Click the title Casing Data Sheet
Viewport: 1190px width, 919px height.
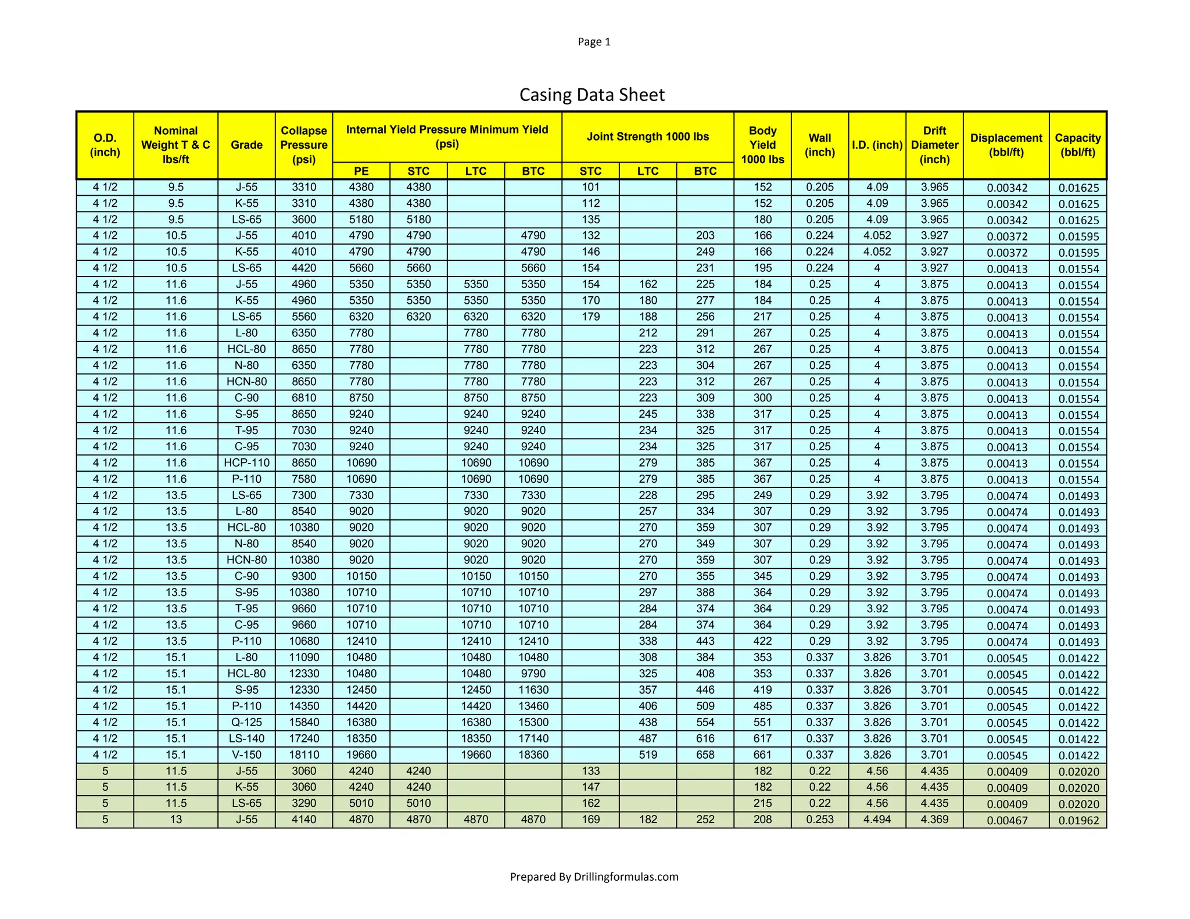tap(592, 95)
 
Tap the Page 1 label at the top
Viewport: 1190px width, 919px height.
tap(594, 42)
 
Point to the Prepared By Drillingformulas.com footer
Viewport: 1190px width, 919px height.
tap(594, 877)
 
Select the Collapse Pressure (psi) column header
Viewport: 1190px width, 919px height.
tap(304, 145)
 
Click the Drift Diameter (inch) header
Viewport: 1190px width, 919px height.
tap(934, 145)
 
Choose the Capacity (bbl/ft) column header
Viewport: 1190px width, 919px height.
tap(1078, 145)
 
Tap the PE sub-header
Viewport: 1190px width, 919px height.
tap(361, 171)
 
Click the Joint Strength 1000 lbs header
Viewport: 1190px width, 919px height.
tap(648, 137)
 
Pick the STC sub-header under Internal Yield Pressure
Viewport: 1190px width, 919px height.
tap(418, 171)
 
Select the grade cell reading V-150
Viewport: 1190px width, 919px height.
tap(246, 755)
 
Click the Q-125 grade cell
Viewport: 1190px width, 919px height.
tap(246, 722)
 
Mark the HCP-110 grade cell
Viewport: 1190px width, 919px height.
tap(246, 463)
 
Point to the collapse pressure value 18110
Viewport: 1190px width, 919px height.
tap(304, 755)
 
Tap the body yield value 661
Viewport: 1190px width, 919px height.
tap(762, 755)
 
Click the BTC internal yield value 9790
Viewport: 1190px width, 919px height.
tap(533, 674)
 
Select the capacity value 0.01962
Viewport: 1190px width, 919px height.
tap(1078, 820)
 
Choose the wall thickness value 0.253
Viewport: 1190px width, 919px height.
tap(820, 820)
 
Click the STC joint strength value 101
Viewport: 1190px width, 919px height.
tap(590, 187)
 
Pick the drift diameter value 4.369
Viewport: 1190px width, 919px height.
tap(934, 820)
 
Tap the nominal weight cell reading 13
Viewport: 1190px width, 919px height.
tap(175, 820)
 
